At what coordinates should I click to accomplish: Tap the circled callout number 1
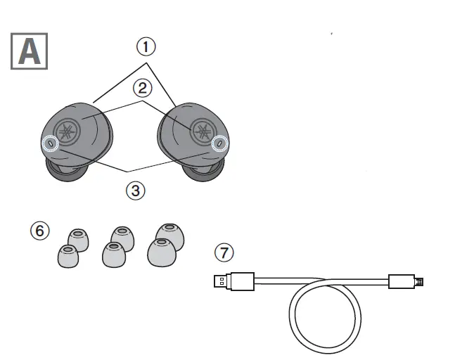145,46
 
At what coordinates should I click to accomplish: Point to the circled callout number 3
136,188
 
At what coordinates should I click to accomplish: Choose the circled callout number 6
40,230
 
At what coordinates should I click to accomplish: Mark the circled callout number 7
223,252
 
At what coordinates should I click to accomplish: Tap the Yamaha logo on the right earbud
201,131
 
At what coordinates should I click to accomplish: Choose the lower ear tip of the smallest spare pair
68,255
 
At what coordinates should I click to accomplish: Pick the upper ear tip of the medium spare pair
122,238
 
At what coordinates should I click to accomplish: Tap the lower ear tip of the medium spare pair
113,255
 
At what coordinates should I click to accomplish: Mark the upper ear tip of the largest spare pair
169,236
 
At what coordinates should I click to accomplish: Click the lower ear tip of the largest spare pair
162,252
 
